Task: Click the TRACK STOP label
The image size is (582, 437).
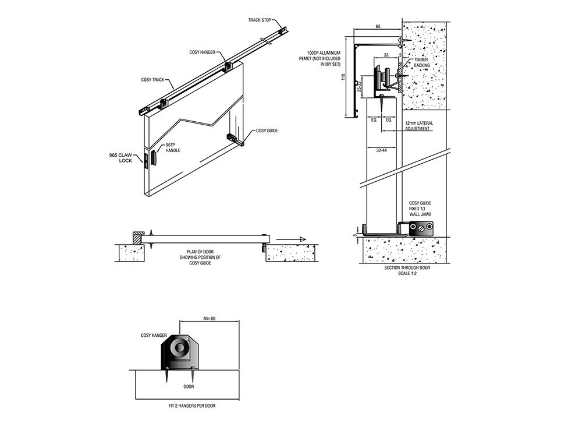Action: click(x=260, y=20)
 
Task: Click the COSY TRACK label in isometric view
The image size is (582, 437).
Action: click(x=152, y=79)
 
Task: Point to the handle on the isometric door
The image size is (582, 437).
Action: click(x=154, y=158)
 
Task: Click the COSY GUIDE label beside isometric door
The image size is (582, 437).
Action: click(x=267, y=131)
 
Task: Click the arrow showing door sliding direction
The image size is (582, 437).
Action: click(x=290, y=238)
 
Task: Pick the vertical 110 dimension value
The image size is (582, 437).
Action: click(x=345, y=76)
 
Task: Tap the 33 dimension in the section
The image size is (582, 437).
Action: click(x=385, y=55)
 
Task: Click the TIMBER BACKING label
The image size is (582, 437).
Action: click(x=421, y=63)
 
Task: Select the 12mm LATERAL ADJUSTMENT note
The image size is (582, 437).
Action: click(x=418, y=126)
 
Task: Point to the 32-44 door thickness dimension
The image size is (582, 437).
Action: click(x=382, y=150)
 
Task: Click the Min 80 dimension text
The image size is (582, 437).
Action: click(x=210, y=319)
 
